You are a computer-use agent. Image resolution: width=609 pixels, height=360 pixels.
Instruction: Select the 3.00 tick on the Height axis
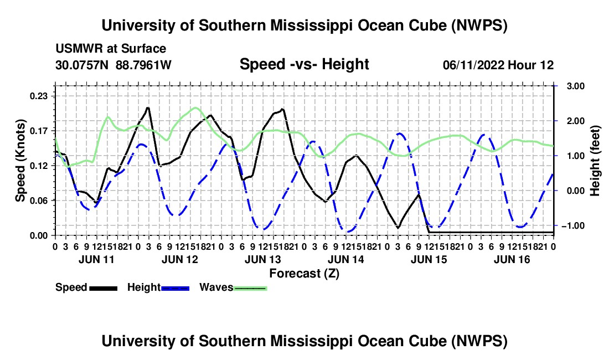(x=576, y=86)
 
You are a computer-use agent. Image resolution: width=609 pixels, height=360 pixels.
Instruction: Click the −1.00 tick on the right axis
(x=574, y=225)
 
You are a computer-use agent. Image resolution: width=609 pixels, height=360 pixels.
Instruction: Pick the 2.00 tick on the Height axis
(x=576, y=121)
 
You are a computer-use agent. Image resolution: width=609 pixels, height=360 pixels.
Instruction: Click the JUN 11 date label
(x=97, y=259)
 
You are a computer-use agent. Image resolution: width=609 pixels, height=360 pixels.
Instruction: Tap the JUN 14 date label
(x=345, y=259)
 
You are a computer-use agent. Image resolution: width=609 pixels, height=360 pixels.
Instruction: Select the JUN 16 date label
(x=512, y=259)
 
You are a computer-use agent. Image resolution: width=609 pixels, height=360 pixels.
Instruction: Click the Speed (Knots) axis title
(x=20, y=161)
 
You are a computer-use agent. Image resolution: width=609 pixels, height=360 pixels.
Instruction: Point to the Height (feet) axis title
(x=595, y=161)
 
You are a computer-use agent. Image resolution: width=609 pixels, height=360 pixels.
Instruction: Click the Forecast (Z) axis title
(x=304, y=274)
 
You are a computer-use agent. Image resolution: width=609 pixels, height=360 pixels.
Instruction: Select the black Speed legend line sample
(x=104, y=288)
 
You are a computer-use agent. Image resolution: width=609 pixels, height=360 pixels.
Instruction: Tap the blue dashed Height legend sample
(x=175, y=288)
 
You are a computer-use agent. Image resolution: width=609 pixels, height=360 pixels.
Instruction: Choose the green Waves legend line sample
(x=250, y=288)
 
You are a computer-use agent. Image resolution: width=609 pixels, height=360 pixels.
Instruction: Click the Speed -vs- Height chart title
(x=304, y=64)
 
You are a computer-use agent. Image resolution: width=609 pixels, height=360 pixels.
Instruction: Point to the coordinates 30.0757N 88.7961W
(x=113, y=65)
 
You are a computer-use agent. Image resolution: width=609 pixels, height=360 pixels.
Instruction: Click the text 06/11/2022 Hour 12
(x=498, y=65)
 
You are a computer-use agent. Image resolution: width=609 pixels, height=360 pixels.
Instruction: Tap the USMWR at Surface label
(x=111, y=49)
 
